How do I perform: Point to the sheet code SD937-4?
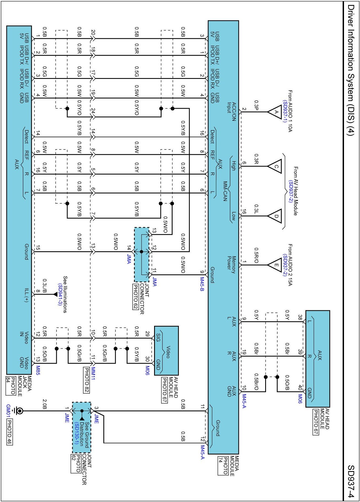pos(351,481)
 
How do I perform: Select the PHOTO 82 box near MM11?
pos(87,380)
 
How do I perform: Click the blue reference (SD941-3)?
pos(60,294)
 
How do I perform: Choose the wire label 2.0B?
pos(45,404)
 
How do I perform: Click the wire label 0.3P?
pos(256,105)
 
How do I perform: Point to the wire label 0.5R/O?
pos(256,255)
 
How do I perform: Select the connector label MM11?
pos(93,373)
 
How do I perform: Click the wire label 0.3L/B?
pos(45,285)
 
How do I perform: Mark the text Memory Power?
pos(231,265)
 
